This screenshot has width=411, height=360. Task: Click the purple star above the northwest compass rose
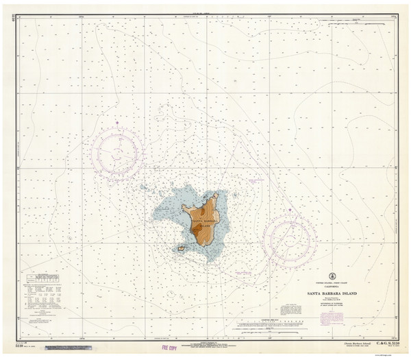(x=117, y=123)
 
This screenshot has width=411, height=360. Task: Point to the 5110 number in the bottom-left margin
(x=27, y=346)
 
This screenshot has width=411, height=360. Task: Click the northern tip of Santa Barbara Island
(x=216, y=195)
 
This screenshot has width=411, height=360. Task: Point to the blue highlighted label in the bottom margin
(x=75, y=349)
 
